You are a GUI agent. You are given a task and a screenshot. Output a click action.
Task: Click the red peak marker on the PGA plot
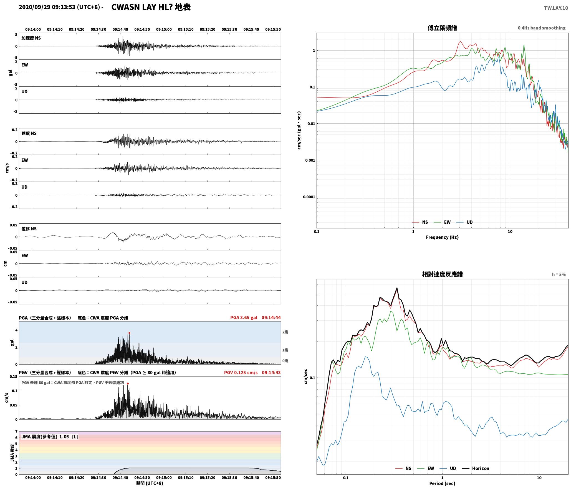pyautogui.click(x=129, y=333)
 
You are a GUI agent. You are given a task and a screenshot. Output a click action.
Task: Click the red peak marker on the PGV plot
pyautogui.click(x=128, y=383)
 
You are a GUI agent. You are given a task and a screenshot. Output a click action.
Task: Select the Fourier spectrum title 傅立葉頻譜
pyautogui.click(x=442, y=28)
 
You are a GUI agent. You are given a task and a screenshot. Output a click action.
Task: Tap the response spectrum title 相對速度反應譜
pyautogui.click(x=442, y=274)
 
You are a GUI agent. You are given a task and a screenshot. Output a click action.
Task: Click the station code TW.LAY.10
pyautogui.click(x=556, y=8)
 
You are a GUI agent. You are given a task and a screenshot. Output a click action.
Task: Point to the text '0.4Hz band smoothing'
pyautogui.click(x=542, y=28)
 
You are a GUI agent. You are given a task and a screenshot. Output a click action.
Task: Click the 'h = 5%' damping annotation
pyautogui.click(x=559, y=275)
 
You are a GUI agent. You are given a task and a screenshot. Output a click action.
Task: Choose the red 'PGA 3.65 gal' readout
pyautogui.click(x=244, y=318)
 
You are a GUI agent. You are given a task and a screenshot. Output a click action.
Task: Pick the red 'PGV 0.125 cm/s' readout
pyautogui.click(x=241, y=372)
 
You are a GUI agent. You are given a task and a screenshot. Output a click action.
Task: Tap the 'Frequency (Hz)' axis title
pyautogui.click(x=442, y=237)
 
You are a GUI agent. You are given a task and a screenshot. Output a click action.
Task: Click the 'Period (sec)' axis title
pyautogui.click(x=442, y=483)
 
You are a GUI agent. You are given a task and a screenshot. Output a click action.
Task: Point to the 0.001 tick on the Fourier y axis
pyautogui.click(x=310, y=160)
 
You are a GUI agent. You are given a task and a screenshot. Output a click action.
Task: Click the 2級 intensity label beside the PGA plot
pyautogui.click(x=285, y=332)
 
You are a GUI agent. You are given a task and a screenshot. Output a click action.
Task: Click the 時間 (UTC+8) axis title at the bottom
pyautogui.click(x=150, y=483)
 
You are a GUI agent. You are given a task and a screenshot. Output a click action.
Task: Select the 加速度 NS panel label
pyautogui.click(x=31, y=38)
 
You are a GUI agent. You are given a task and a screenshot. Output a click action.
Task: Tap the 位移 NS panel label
pyautogui.click(x=29, y=229)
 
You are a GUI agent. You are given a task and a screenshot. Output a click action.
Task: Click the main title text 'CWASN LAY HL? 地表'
pyautogui.click(x=151, y=7)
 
